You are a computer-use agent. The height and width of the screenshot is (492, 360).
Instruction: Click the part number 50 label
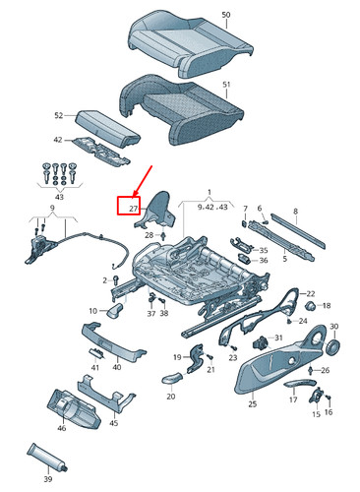pos(226,15)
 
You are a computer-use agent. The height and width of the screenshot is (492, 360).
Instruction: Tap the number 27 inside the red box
pos(133,209)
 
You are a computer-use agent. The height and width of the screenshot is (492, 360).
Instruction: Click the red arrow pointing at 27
pos(143,182)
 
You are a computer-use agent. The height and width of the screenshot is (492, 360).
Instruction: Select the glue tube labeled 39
pos(47,459)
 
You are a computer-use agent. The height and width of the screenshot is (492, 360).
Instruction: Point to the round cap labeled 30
pos(333,346)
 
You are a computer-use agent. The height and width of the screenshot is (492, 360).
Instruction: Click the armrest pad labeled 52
pos(107,129)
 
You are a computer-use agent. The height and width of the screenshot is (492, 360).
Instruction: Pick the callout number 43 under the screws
pos(59,197)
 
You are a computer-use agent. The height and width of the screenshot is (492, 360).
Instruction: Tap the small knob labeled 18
pos(311,305)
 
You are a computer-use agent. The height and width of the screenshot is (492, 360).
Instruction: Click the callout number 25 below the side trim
pos(252,403)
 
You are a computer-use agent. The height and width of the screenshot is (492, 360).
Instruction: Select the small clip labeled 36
pos(244,259)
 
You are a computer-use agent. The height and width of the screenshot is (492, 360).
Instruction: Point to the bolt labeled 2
pos(115,280)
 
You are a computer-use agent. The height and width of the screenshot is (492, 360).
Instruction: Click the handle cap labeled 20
pos(171,378)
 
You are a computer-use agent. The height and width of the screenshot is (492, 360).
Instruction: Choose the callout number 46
pos(62,428)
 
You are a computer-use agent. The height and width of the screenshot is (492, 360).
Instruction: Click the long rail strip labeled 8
pos(298,230)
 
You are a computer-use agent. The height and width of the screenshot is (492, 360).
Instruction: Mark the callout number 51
pos(226,85)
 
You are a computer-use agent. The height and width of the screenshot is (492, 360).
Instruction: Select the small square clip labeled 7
pos(245,223)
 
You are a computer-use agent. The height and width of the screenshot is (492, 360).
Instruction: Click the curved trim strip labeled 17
pos(300,383)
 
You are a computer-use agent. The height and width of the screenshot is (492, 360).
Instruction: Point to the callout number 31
pos(278,338)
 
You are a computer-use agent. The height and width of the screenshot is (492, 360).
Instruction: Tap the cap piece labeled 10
pos(115,310)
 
